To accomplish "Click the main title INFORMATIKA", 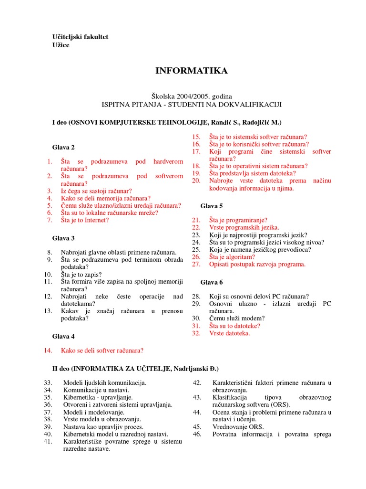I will [x=192, y=71].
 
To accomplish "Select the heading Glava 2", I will [x=63, y=147].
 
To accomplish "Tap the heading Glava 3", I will [x=63, y=238].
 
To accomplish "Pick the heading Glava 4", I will [x=63, y=336].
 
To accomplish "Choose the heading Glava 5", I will [x=212, y=205].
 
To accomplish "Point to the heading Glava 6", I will [x=212, y=282].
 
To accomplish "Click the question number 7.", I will [x=50, y=220].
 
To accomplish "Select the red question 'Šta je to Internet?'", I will [x=85, y=220].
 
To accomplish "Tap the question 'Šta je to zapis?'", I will [x=81, y=275].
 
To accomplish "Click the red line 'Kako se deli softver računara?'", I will [x=102, y=351].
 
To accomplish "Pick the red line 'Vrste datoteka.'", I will [x=229, y=333].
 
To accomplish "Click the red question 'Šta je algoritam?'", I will [x=232, y=256].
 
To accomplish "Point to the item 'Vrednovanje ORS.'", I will [x=238, y=426].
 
